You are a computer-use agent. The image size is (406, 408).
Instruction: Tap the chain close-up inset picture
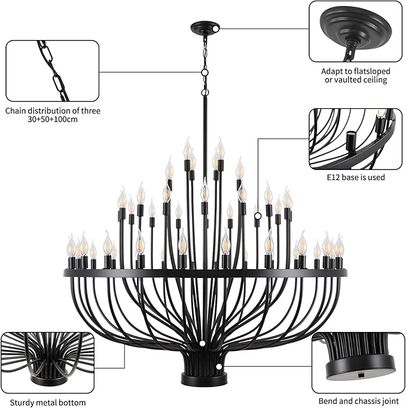click(x=52, y=71)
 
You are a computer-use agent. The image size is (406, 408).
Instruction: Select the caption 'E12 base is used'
click(x=355, y=177)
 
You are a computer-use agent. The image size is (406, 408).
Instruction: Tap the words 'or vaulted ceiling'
click(x=355, y=80)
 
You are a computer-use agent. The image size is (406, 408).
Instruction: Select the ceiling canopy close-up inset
click(x=355, y=31)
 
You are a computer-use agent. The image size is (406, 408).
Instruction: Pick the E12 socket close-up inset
click(x=355, y=138)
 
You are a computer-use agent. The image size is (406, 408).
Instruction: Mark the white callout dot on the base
click(x=219, y=366)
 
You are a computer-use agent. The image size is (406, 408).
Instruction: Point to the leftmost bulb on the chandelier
click(x=71, y=245)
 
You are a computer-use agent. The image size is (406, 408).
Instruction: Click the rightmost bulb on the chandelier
click(x=339, y=245)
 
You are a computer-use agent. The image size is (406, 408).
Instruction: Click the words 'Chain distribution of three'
click(x=53, y=110)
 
